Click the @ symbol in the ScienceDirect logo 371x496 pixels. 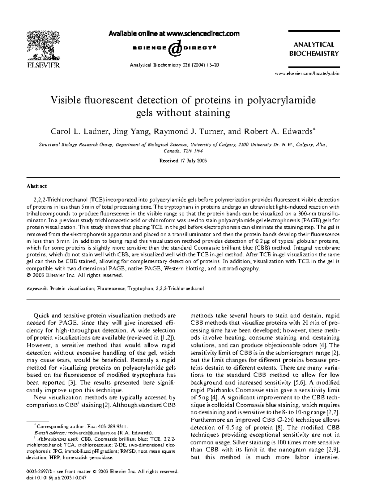175,48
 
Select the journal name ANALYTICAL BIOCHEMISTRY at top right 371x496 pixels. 314,49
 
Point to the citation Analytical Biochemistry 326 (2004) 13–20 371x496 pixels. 175,65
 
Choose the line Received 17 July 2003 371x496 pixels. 183,161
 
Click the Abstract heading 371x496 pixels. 36,186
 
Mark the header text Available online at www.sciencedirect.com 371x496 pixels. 174,34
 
